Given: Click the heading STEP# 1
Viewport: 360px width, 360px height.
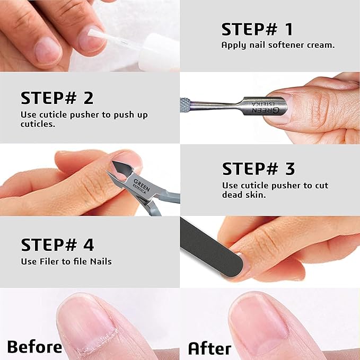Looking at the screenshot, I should [257, 29].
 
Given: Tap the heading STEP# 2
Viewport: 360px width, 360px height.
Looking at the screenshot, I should [57, 98].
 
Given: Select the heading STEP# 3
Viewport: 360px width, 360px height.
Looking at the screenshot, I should [258, 169].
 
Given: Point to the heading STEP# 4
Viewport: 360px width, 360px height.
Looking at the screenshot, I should [57, 245].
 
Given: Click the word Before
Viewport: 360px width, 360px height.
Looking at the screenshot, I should [34, 347].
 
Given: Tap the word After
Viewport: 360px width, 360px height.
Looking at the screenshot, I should [209, 348].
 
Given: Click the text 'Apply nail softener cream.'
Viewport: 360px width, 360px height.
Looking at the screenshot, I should [278, 45].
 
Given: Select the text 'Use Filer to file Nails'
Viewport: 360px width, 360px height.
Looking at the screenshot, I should [66, 261].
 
